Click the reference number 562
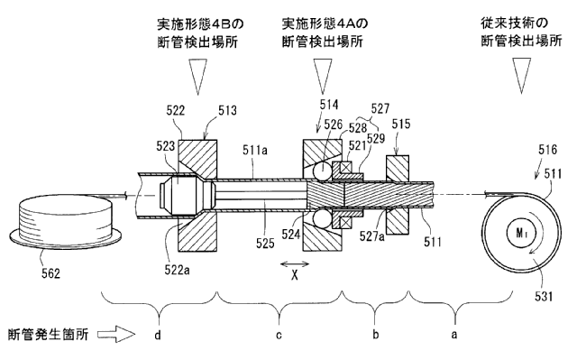50,273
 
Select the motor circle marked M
521,233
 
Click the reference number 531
544,296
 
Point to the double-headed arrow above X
295,264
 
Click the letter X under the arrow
295,276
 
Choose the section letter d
158,335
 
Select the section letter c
279,336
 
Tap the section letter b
376,334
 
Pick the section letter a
454,335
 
